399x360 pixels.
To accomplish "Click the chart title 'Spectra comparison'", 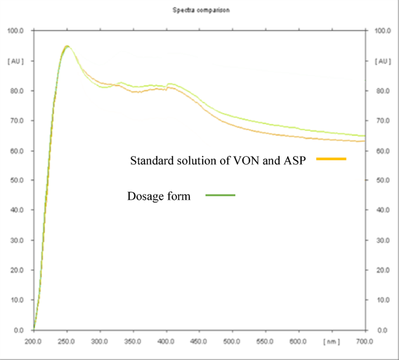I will click(192, 10).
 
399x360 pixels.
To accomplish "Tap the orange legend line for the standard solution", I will click(331, 158).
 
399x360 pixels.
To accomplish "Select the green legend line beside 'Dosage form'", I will click(220, 196).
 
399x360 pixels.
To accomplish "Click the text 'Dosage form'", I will click(159, 196).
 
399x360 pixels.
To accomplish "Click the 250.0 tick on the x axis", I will click(67, 341).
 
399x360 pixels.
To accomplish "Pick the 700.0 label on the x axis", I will click(365, 341).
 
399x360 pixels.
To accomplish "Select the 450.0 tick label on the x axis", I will click(199, 341).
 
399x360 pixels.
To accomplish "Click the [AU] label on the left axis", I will click(16, 61).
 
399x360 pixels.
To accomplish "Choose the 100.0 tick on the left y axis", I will click(15, 30).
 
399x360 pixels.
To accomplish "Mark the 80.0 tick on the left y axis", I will click(16, 91).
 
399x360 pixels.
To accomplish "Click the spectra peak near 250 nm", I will click(67, 46).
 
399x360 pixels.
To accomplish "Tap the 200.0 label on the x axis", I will click(34, 341).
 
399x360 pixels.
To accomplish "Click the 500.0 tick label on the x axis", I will click(232, 341).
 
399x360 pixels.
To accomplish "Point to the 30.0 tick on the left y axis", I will click(16, 240).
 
